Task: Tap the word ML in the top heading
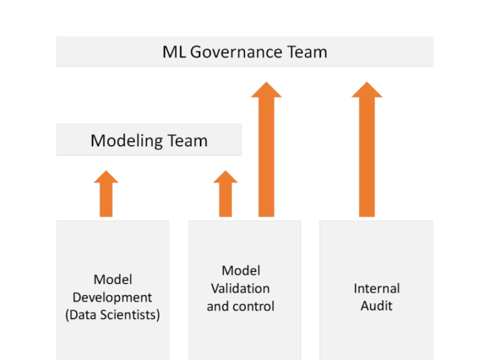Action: point(174,52)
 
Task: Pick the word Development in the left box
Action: point(113,298)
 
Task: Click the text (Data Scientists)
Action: point(113,315)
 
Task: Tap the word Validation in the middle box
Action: point(240,288)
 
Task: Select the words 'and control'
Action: point(240,306)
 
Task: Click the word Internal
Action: point(377,288)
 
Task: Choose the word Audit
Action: point(377,306)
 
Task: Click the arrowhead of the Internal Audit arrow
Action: point(367,91)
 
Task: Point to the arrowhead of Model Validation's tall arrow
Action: point(266,91)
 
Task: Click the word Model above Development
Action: point(113,280)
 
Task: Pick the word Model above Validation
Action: point(241,271)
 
